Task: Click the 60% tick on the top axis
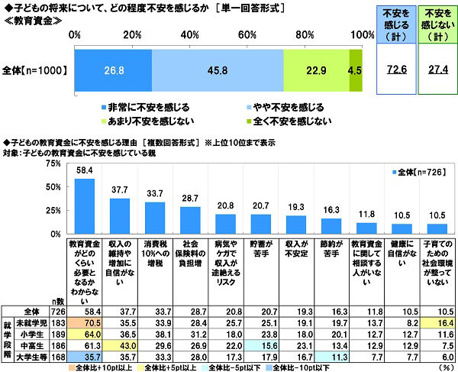tap(248, 35)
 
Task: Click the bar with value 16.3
tap(331, 226)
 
